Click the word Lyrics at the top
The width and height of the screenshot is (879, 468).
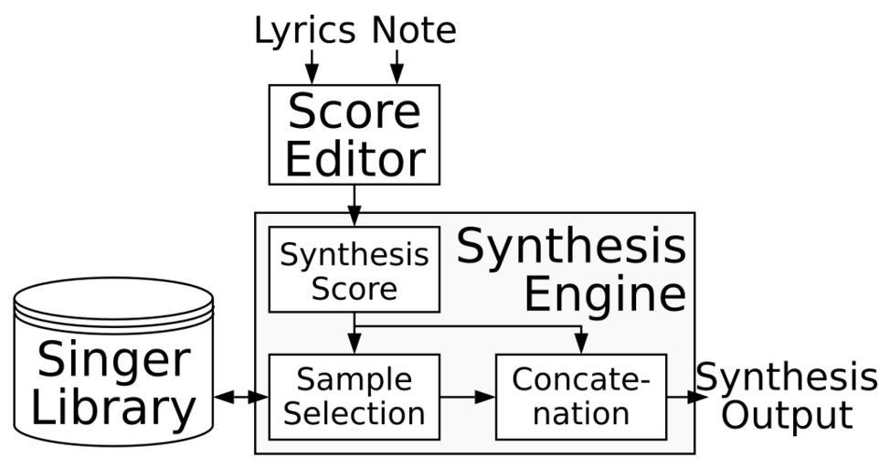click(x=303, y=30)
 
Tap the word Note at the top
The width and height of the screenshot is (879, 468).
click(x=413, y=30)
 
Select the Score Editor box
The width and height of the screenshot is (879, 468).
click(x=354, y=134)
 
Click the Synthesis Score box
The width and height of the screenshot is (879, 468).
click(x=354, y=271)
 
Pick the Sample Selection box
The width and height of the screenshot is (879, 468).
click(x=354, y=397)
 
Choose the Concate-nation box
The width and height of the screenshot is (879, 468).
click(x=581, y=397)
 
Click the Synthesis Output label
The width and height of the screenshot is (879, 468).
click(x=786, y=395)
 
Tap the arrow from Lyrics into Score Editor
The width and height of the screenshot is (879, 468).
click(x=312, y=66)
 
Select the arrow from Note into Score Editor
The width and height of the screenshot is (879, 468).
click(x=397, y=66)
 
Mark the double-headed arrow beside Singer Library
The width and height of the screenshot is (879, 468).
click(x=240, y=397)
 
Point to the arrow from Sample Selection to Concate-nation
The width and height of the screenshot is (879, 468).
click(x=468, y=397)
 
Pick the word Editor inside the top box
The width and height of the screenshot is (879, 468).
click(x=354, y=158)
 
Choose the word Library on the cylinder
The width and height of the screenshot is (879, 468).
click(x=114, y=409)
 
